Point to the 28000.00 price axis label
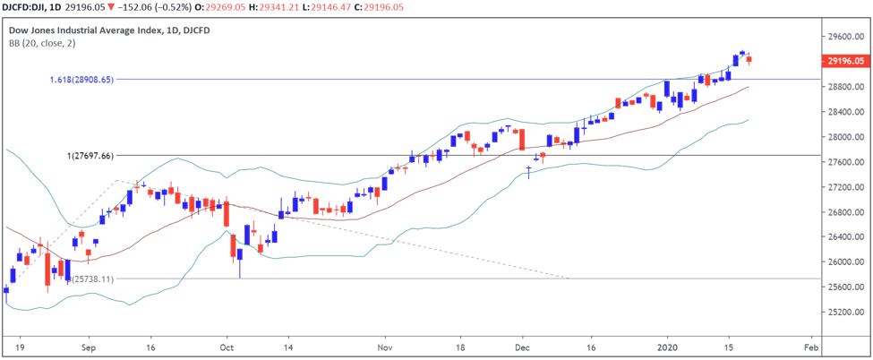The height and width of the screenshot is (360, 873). pos(847,137)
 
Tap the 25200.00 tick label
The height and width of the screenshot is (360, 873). pos(847,313)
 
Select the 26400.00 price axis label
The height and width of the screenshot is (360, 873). pos(847,237)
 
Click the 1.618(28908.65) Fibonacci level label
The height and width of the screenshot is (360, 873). pos(82,80)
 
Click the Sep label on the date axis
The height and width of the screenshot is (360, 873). pos(88,345)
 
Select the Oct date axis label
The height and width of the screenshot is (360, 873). pos(227,345)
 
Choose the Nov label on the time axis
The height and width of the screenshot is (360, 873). pos(386,345)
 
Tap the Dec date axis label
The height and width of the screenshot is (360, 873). pos(525,345)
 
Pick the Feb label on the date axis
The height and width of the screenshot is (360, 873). pos(811,345)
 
